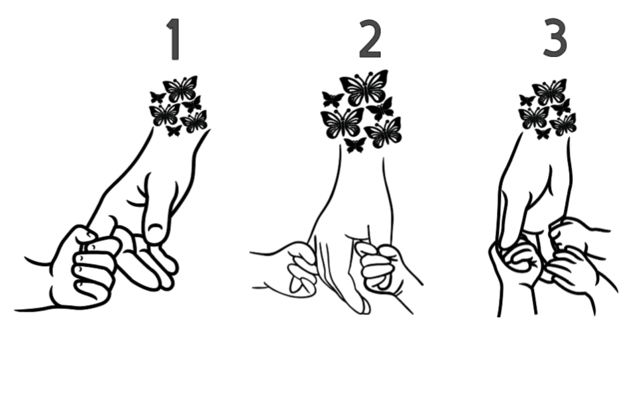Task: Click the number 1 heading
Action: pyautogui.click(x=174, y=39)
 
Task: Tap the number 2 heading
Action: pyautogui.click(x=370, y=38)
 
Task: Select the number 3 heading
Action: pyautogui.click(x=555, y=37)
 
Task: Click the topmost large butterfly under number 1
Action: pyautogui.click(x=181, y=88)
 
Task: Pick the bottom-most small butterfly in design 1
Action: pyautogui.click(x=174, y=131)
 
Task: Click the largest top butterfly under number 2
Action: pyautogui.click(x=364, y=88)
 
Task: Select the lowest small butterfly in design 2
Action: pyautogui.click(x=355, y=145)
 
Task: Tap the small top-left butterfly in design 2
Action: pyautogui.click(x=333, y=99)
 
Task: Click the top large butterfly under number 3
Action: pyautogui.click(x=549, y=92)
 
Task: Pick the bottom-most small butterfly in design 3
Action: pyautogui.click(x=543, y=133)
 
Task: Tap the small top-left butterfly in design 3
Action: pyautogui.click(x=527, y=100)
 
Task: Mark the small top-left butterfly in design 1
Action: pyautogui.click(x=158, y=97)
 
